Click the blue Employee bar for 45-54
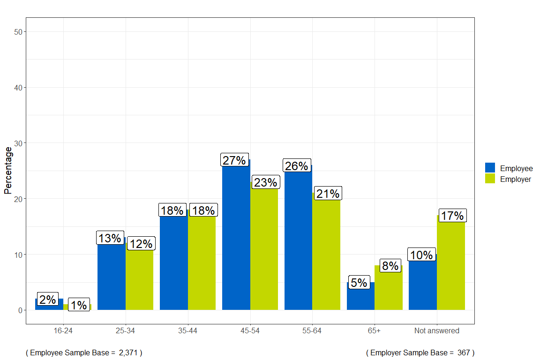click(236, 239)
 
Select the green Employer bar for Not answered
click(451, 267)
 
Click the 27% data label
click(234, 160)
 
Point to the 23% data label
click(266, 182)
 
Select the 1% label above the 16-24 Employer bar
click(79, 305)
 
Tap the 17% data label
click(452, 216)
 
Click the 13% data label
click(110, 238)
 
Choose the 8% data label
click(390, 266)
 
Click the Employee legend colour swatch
click(490, 168)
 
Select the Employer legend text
click(516, 179)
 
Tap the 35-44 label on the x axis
click(187, 331)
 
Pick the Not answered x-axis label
click(436, 331)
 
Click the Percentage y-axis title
click(8, 170)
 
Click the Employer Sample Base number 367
click(464, 352)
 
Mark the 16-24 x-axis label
click(63, 331)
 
